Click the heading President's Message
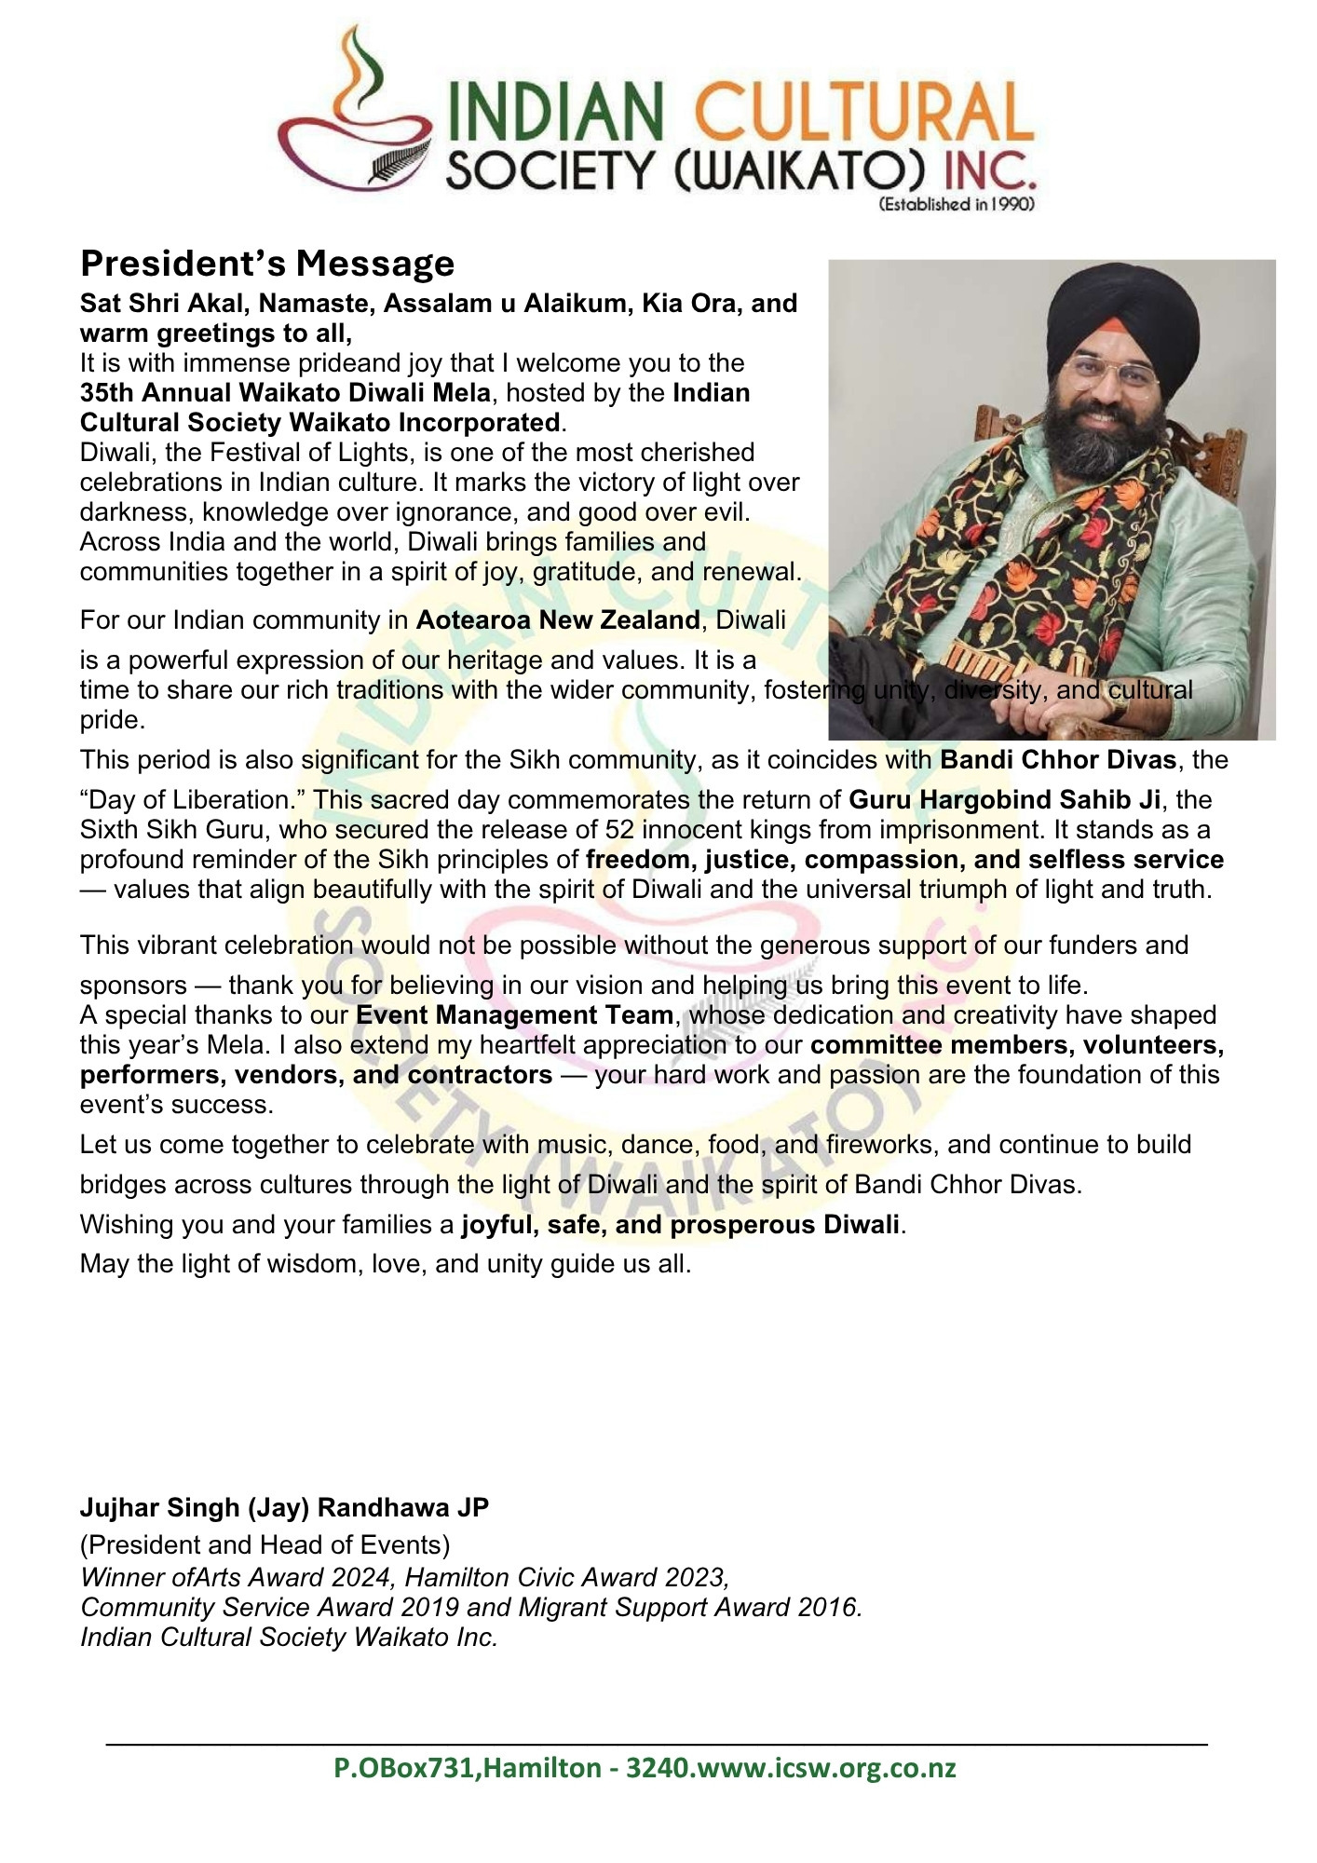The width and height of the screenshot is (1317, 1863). coord(267,264)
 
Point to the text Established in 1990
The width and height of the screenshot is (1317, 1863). coord(957,205)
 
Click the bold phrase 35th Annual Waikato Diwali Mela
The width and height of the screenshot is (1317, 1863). coord(285,393)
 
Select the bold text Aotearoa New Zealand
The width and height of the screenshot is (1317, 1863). coord(557,620)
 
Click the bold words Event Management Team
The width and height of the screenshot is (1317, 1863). coord(515,1014)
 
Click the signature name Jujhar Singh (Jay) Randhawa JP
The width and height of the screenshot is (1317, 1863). coord(284,1507)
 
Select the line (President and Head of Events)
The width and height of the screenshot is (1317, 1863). coord(265,1545)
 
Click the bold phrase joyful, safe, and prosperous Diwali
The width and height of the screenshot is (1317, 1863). coord(680,1224)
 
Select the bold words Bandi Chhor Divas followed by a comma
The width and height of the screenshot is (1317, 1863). coord(1058,760)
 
